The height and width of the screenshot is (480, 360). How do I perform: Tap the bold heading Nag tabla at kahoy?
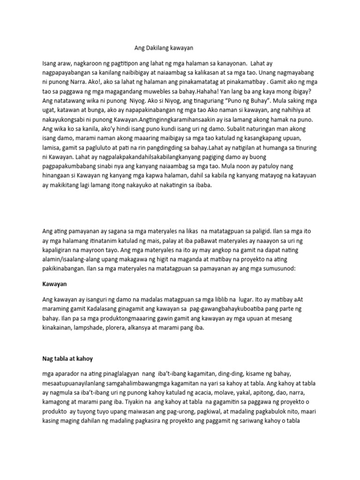point(66,359)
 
